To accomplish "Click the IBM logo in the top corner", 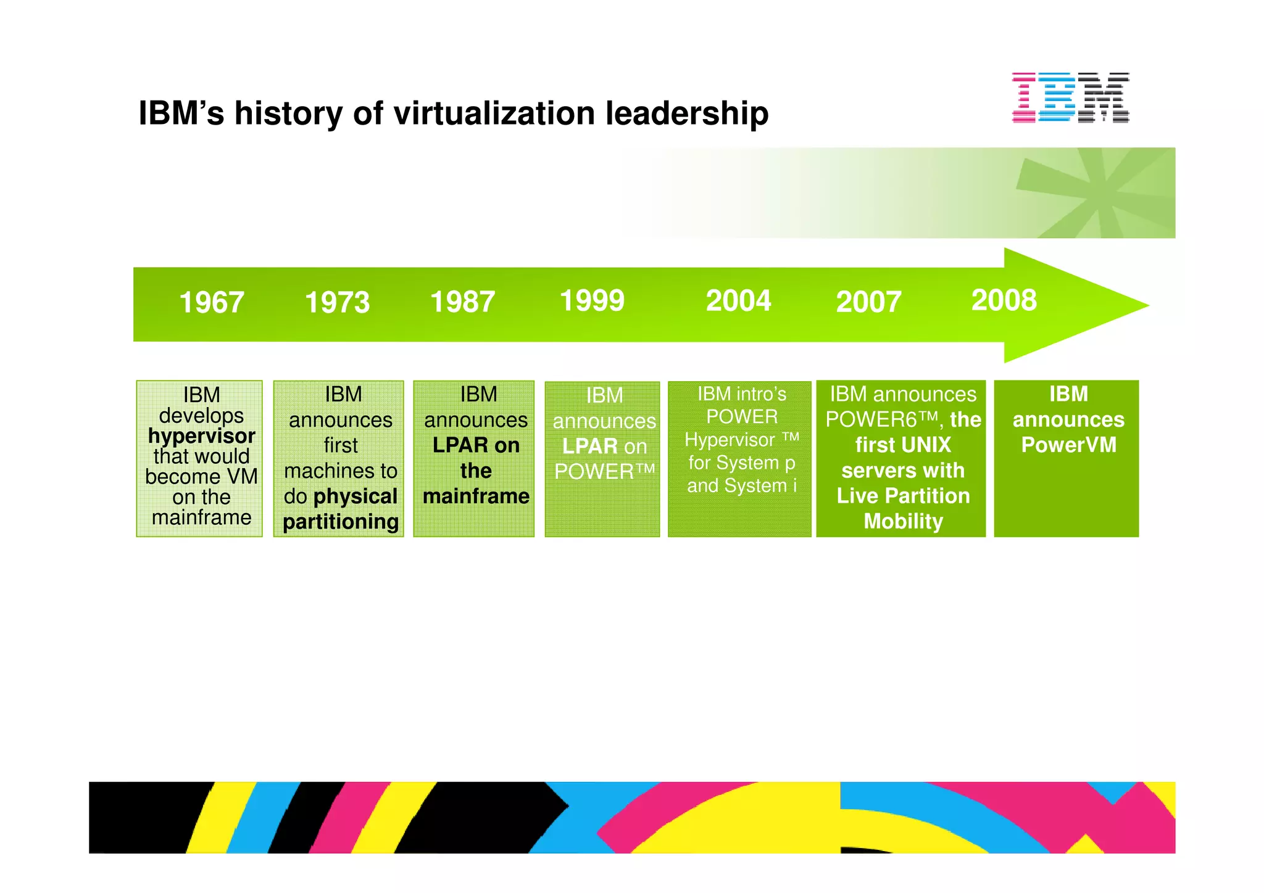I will click(x=1070, y=97).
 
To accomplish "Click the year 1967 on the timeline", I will click(x=212, y=303).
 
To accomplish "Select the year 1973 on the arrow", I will click(x=337, y=303).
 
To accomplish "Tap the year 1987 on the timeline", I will click(x=462, y=302).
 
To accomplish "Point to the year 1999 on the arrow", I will click(x=592, y=301).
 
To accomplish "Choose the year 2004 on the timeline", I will click(x=738, y=301).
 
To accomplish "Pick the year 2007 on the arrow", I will click(x=868, y=302).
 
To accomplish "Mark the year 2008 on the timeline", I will click(x=1004, y=300).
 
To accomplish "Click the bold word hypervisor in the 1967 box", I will click(x=201, y=436).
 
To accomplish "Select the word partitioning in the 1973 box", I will click(x=341, y=522).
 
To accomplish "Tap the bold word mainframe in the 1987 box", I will click(x=476, y=496).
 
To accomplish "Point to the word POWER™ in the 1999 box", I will click(x=604, y=472).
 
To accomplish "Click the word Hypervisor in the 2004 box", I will click(x=730, y=440).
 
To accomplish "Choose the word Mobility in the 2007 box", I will click(x=903, y=521).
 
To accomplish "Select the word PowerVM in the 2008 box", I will click(x=1068, y=445).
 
